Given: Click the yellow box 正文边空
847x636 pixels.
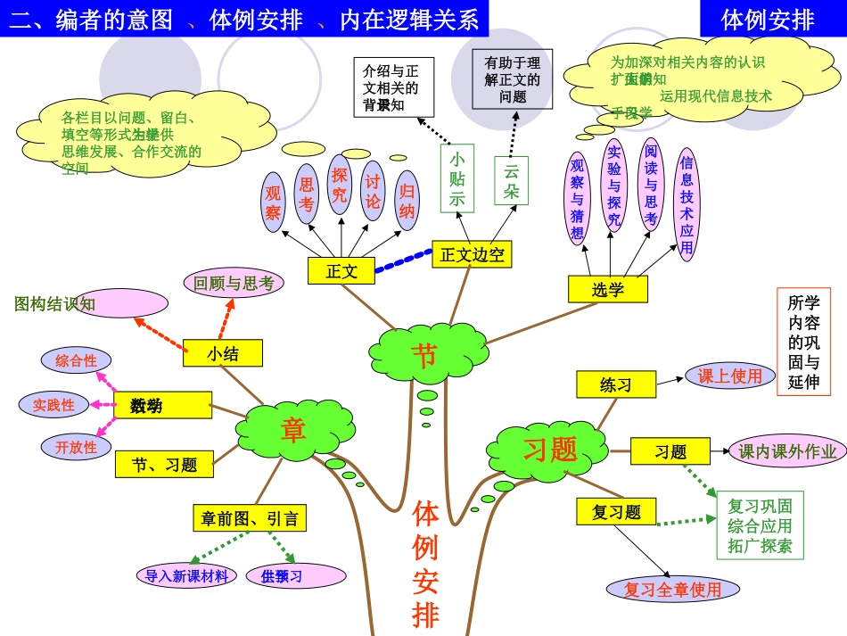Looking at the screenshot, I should pyautogui.click(x=473, y=254).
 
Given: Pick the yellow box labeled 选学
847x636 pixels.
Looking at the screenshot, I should pyautogui.click(x=608, y=289).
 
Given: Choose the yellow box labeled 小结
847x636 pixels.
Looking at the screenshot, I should pyautogui.click(x=223, y=353).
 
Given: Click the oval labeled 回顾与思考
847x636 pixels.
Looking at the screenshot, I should pyautogui.click(x=234, y=284).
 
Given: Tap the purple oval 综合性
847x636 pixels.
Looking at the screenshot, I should pyautogui.click(x=76, y=360).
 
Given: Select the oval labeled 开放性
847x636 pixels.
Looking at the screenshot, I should pyautogui.click(x=76, y=447).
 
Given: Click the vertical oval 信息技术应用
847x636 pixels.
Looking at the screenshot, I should pyautogui.click(x=686, y=204).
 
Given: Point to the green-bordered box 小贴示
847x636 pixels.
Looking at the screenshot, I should pyautogui.click(x=456, y=178).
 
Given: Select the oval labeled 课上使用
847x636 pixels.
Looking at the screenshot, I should pyautogui.click(x=729, y=376).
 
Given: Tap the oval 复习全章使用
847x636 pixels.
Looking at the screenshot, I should pyautogui.click(x=672, y=589).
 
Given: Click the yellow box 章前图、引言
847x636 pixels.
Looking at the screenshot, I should pyautogui.click(x=250, y=518).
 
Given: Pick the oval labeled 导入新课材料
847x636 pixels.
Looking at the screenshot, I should pyautogui.click(x=187, y=575).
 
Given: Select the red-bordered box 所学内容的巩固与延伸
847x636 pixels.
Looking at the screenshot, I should pyautogui.click(x=803, y=342).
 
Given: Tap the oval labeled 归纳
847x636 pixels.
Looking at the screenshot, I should pyautogui.click(x=407, y=201).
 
